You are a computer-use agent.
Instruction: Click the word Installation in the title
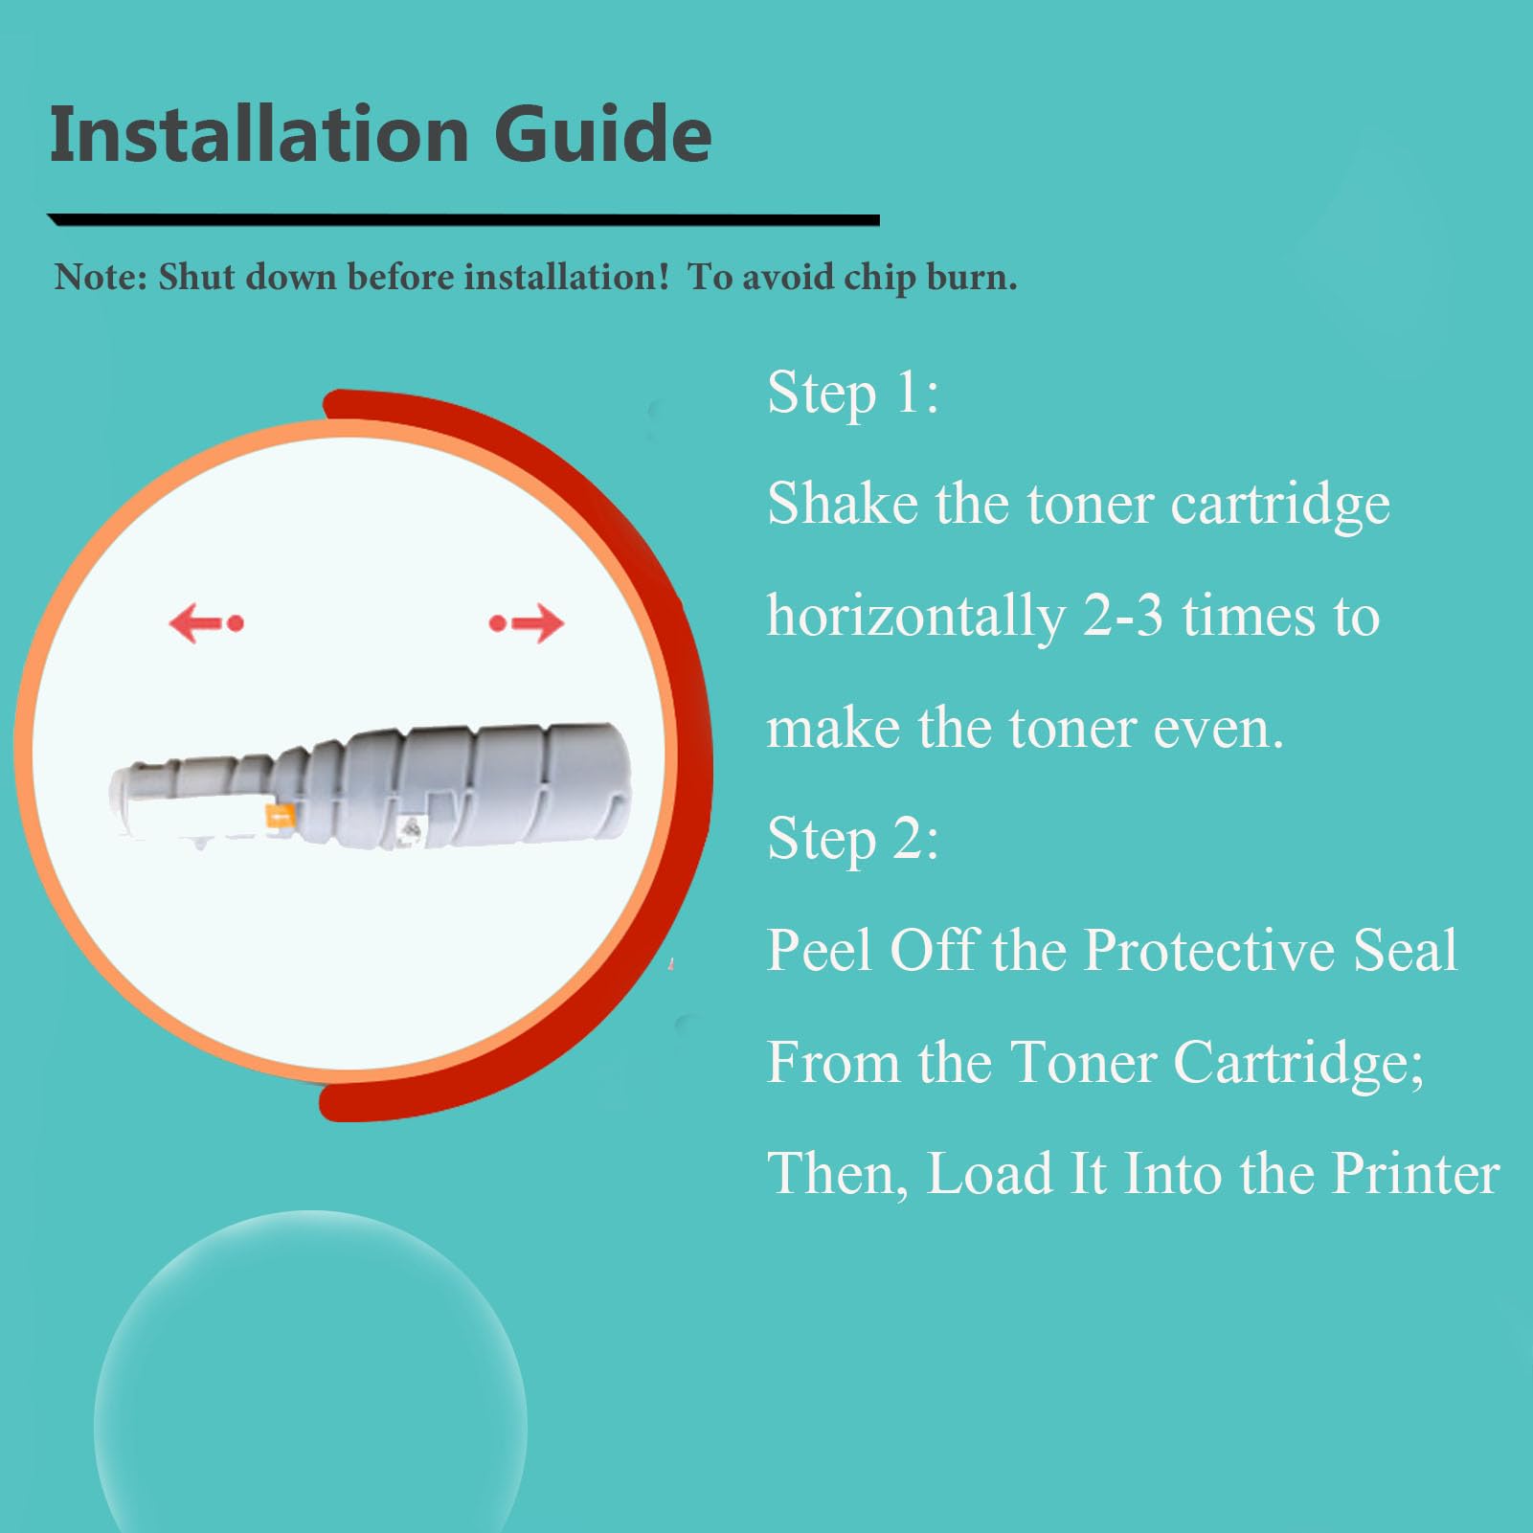tap(259, 133)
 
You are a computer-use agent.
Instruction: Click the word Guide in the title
tap(603, 133)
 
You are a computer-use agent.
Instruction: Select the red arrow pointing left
tap(206, 623)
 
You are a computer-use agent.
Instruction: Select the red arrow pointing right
tap(527, 623)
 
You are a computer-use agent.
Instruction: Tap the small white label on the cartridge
tap(413, 829)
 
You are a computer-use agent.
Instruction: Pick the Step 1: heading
tap(853, 393)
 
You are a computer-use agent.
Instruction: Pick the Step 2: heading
tap(853, 839)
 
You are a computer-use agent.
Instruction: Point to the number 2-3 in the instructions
tap(1122, 616)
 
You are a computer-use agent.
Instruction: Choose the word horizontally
tap(916, 617)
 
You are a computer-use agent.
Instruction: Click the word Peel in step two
tap(821, 950)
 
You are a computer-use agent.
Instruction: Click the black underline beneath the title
tap(463, 220)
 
